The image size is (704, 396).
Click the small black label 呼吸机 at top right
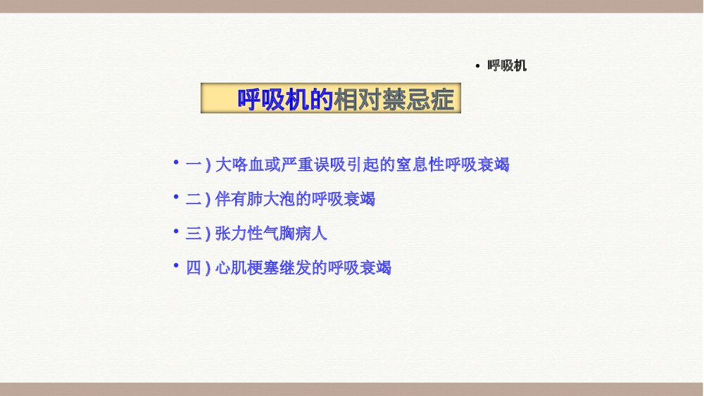pos(507,66)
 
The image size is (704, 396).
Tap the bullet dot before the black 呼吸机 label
pos(478,67)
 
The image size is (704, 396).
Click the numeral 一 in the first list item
pos(194,166)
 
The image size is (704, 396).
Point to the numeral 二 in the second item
pos(194,200)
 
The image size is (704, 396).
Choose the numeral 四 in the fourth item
pos(194,268)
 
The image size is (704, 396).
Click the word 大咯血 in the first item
pos(239,166)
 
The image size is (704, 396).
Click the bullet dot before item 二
pos(176,198)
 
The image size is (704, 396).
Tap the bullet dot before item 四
pos(176,266)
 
